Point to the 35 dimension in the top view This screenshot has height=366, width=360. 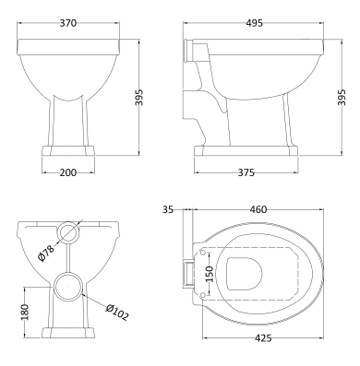[167, 210]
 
